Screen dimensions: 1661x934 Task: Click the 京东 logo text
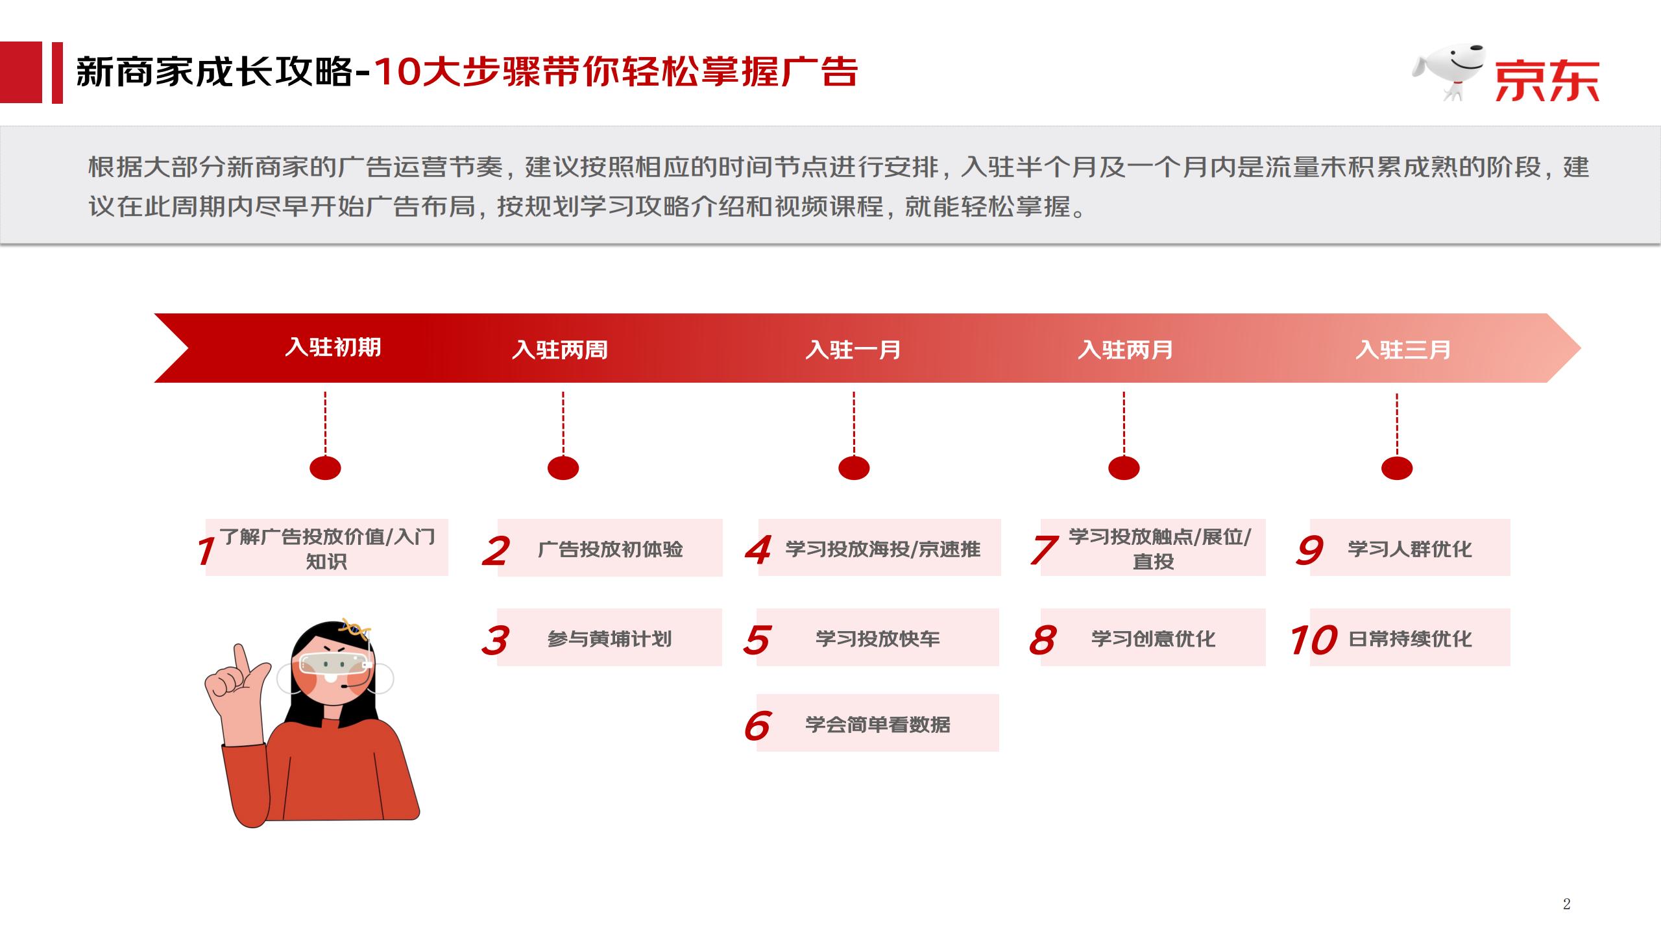pyautogui.click(x=1547, y=81)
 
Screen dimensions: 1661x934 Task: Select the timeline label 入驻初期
pyautogui.click(x=333, y=347)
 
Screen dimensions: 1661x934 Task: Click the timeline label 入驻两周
pyautogui.click(x=560, y=350)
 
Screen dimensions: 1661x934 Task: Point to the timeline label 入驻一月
pyautogui.click(x=853, y=350)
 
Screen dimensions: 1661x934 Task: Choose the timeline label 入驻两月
pyautogui.click(x=1126, y=350)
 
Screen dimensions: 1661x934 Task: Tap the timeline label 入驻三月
pyautogui.click(x=1403, y=350)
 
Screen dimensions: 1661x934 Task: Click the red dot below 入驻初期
pyautogui.click(x=325, y=468)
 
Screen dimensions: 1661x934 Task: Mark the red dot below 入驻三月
pyautogui.click(x=1397, y=468)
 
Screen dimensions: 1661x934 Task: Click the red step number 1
pyautogui.click(x=206, y=551)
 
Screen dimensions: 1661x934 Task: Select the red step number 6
pyautogui.click(x=757, y=725)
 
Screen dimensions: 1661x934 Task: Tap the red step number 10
pyautogui.click(x=1313, y=640)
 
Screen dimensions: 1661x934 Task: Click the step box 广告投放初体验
pyautogui.click(x=610, y=547)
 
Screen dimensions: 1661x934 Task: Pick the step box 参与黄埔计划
pyautogui.click(x=609, y=637)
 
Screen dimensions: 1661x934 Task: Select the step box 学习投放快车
pyautogui.click(x=878, y=637)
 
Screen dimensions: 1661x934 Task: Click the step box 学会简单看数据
pyautogui.click(x=878, y=723)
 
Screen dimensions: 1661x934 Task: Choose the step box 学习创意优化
pyautogui.click(x=1153, y=637)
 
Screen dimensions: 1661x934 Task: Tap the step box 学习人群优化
pyautogui.click(x=1410, y=547)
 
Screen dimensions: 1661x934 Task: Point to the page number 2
pyautogui.click(x=1567, y=904)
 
